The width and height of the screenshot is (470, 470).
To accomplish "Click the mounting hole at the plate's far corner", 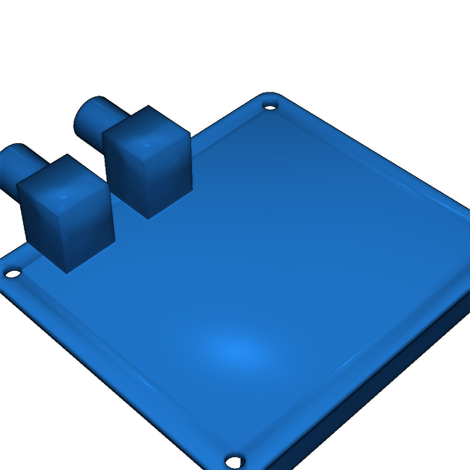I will [270, 106].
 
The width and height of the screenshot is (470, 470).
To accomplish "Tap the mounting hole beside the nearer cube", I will [13, 274].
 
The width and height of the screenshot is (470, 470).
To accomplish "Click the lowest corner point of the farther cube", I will [148, 219].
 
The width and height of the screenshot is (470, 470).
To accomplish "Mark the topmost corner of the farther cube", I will [148, 106].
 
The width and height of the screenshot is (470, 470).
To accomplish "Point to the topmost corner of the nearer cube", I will [67, 154].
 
